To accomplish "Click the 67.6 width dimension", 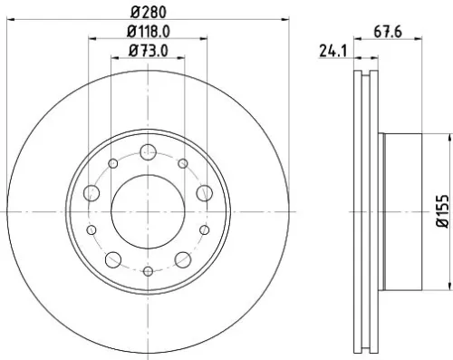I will pos(387,32).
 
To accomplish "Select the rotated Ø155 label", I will pos(441,209).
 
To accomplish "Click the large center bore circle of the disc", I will pos(148,210).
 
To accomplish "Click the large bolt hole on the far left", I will pos(92,192).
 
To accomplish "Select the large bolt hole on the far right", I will pos(204,192).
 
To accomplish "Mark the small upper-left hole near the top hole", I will pos(113,163).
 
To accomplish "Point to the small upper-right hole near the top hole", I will pos(183,163).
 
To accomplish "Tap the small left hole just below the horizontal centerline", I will pos(91,229).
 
